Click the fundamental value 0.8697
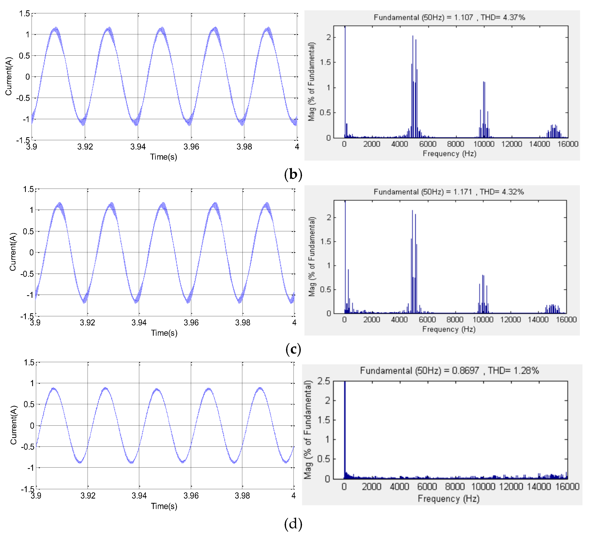[465, 371]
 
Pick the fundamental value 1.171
[463, 192]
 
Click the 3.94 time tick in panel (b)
[138, 147]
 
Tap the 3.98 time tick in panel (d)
[242, 496]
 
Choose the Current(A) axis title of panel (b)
[9, 76]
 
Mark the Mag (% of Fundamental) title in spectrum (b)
[311, 81]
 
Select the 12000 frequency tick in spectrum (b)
[512, 144]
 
